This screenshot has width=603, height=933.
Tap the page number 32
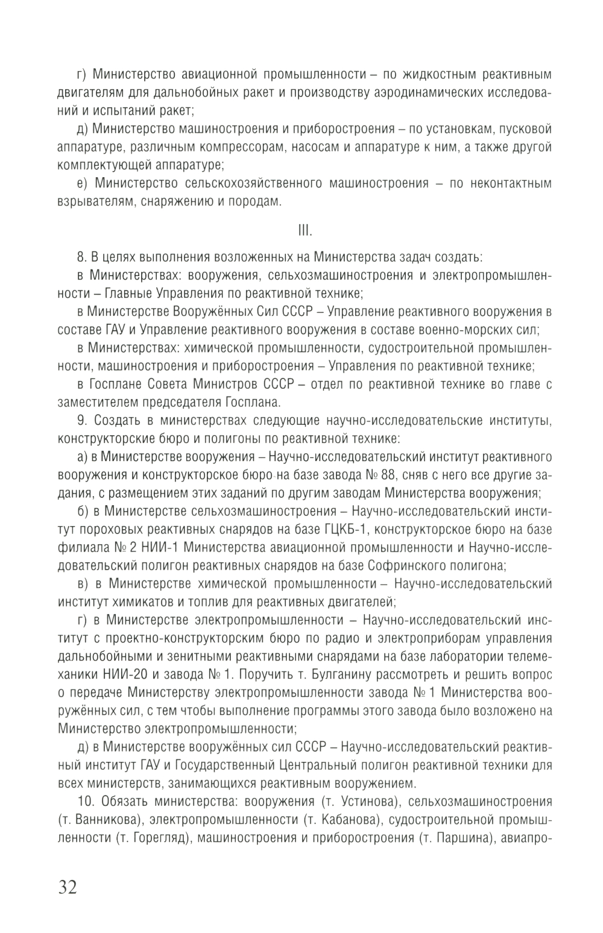click(68, 887)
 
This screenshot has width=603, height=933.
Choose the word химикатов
click(136, 602)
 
